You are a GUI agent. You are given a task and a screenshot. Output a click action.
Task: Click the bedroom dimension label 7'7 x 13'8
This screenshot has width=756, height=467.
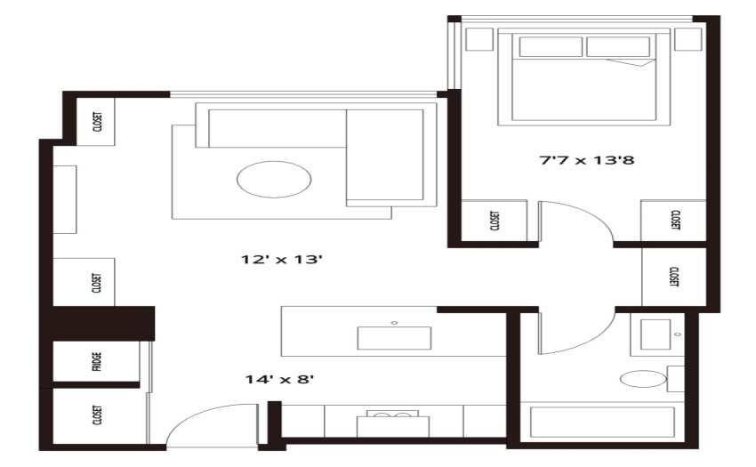click(x=586, y=160)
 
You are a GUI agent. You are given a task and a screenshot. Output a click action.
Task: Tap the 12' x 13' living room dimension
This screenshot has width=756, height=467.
click(x=282, y=260)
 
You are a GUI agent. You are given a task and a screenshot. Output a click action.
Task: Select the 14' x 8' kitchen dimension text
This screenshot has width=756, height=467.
click(x=279, y=379)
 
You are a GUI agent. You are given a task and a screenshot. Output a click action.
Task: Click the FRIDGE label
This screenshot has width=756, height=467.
click(x=96, y=361)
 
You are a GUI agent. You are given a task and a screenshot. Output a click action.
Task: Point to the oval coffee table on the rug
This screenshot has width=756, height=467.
click(x=274, y=179)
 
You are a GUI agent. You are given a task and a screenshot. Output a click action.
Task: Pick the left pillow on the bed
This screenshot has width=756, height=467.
click(x=551, y=47)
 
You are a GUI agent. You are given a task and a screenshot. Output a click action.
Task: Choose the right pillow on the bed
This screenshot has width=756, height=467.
click(x=618, y=47)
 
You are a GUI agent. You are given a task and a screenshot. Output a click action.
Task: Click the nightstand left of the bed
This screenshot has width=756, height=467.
click(x=479, y=39)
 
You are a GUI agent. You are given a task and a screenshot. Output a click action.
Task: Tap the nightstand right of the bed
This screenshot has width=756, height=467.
click(x=688, y=39)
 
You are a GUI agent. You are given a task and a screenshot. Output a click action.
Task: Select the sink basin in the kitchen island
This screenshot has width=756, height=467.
click(x=394, y=338)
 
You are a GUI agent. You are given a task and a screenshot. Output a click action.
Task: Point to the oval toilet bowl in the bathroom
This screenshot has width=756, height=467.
click(x=643, y=379)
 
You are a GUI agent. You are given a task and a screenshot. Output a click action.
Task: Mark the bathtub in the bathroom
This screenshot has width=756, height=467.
click(x=602, y=423)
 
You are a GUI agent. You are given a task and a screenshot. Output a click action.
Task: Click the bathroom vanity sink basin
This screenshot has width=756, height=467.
click(x=655, y=334)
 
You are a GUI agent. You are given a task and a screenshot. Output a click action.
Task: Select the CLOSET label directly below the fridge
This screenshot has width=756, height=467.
click(x=97, y=415)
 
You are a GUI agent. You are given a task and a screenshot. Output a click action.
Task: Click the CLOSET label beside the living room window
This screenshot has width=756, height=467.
click(x=97, y=122)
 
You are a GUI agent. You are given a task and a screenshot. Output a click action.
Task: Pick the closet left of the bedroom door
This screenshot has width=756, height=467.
click(x=495, y=220)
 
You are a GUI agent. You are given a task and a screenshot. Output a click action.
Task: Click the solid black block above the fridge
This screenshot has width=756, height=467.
click(x=103, y=323)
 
